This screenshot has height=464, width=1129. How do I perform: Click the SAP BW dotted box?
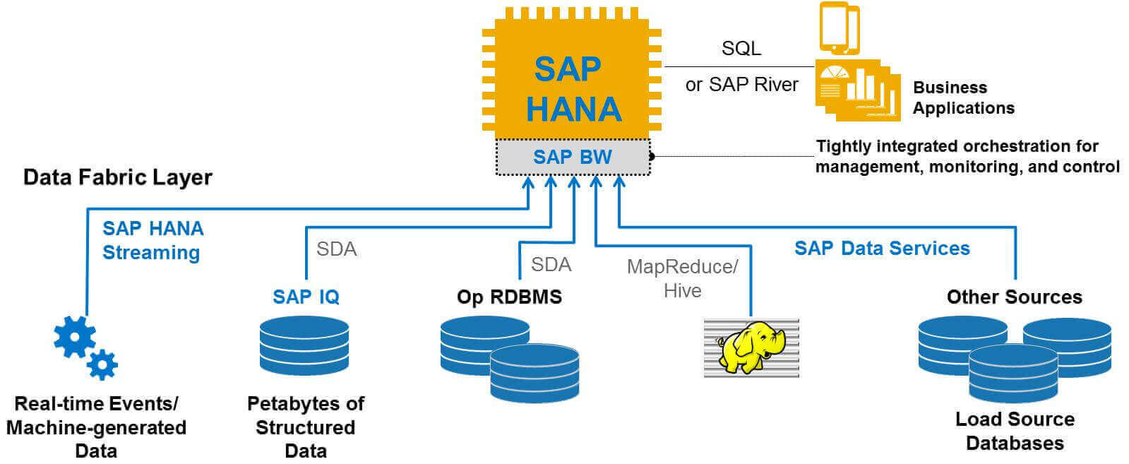coord(573,157)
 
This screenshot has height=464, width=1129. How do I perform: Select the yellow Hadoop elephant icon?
coord(752,348)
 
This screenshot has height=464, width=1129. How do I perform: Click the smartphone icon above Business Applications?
coord(840,28)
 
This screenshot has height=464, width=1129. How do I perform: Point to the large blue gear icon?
coord(75,337)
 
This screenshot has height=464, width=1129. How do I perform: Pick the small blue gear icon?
coord(102,364)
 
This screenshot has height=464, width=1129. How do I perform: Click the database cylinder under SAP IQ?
coord(304,345)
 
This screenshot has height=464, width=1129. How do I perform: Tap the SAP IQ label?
coord(306,297)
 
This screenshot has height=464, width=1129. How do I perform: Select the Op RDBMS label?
coord(509,297)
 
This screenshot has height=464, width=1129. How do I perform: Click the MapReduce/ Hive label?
coord(683,278)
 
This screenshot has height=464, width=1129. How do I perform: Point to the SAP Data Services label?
coord(882,248)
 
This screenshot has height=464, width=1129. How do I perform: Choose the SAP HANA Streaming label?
coord(153,241)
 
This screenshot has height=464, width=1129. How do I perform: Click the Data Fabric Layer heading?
coord(117,177)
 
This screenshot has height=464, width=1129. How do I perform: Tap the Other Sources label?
coord(1014,297)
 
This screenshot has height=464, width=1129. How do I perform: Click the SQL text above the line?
coord(741,49)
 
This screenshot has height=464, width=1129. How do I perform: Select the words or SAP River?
coord(742,84)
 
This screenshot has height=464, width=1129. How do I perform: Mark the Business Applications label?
coord(964,98)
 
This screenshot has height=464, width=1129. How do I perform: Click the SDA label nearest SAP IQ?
coord(337,249)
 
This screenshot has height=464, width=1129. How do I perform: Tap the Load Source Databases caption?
coord(1015,432)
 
